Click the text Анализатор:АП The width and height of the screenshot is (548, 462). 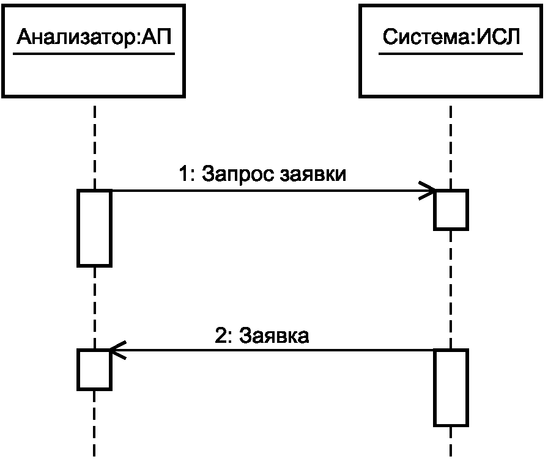[94, 37]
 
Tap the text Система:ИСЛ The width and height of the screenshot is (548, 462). [451, 37]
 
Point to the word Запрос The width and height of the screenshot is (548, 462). [238, 174]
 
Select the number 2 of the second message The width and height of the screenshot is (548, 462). [221, 335]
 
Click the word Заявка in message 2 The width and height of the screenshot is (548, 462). [273, 335]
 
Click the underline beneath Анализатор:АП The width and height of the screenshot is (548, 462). [94, 54]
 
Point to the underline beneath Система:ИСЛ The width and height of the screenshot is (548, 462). [451, 54]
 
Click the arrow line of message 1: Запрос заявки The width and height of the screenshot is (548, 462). [273, 191]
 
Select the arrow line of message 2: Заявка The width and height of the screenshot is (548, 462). [272, 350]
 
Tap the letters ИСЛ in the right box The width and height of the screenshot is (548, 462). [498, 37]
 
